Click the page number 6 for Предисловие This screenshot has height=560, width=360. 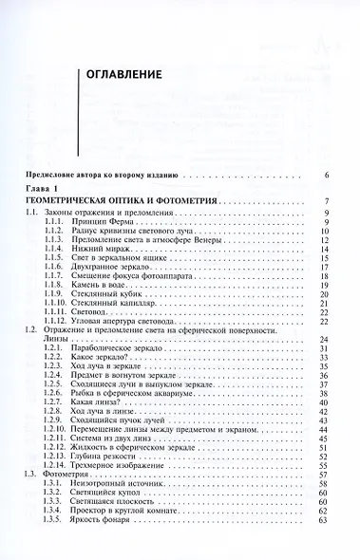click(326, 177)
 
